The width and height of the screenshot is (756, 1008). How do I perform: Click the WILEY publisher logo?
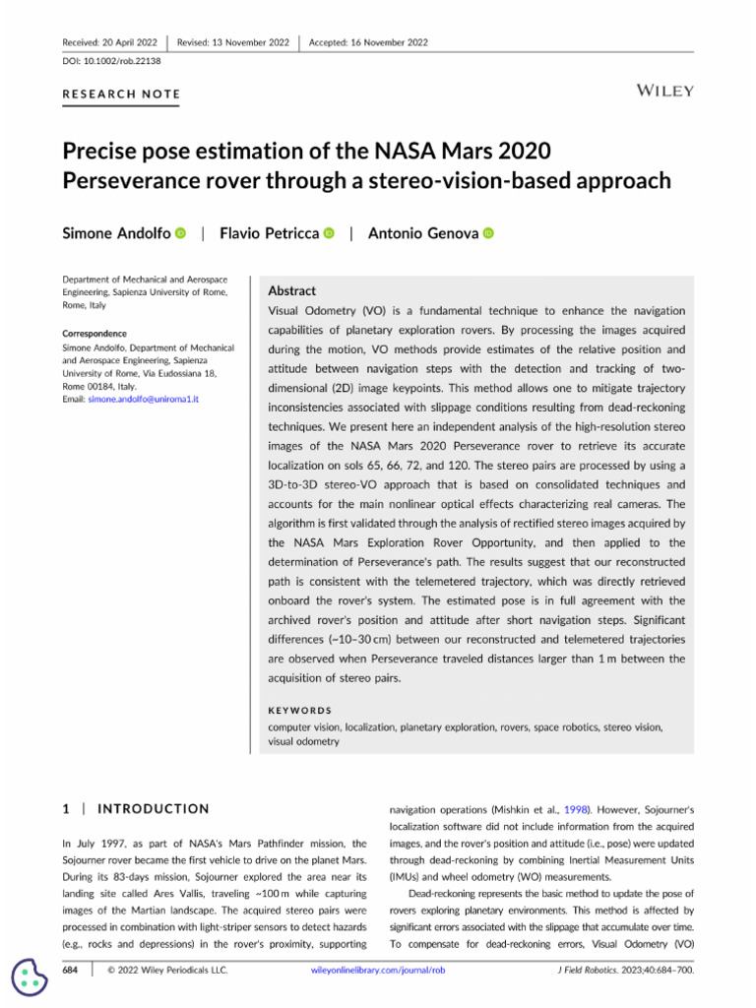tap(665, 91)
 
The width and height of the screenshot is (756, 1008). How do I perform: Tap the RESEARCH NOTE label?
tap(121, 94)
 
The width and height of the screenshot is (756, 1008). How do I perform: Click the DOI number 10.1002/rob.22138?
tap(127, 61)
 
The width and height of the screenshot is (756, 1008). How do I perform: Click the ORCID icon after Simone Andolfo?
tap(180, 233)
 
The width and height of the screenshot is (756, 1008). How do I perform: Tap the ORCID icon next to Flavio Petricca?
tap(329, 233)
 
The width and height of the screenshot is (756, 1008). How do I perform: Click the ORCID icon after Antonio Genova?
tap(488, 233)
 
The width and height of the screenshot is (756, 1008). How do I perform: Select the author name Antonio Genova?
tap(423, 233)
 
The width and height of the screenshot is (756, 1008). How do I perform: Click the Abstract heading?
tap(292, 291)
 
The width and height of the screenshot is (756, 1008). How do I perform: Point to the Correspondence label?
tap(94, 334)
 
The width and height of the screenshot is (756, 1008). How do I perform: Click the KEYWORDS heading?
tap(299, 710)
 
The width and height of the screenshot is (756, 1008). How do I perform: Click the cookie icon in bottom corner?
tap(30, 976)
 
